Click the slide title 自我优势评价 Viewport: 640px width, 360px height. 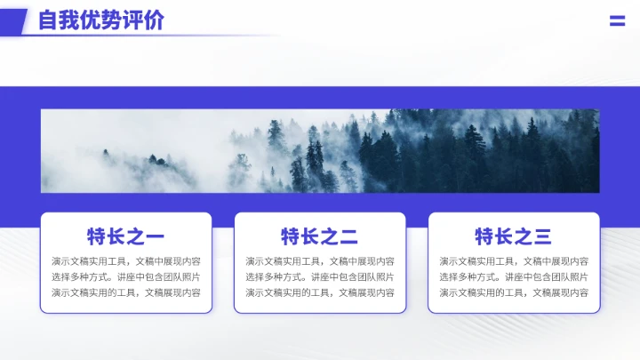101,20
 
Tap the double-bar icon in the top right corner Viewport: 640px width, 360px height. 617,21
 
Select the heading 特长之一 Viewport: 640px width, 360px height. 125,236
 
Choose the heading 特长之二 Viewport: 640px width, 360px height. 319,236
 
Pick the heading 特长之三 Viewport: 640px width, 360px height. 513,236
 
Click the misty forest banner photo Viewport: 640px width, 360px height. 320,150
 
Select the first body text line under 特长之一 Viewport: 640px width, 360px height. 125,261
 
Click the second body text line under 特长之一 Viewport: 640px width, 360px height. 125,276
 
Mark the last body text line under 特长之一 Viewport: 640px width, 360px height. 125,292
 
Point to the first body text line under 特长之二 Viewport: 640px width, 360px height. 319,261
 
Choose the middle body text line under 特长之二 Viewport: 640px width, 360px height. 319,276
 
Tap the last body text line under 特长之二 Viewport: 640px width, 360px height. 319,292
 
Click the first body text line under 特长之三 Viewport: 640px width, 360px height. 513,261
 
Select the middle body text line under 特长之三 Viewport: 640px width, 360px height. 513,276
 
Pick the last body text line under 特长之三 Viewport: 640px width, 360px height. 513,292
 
